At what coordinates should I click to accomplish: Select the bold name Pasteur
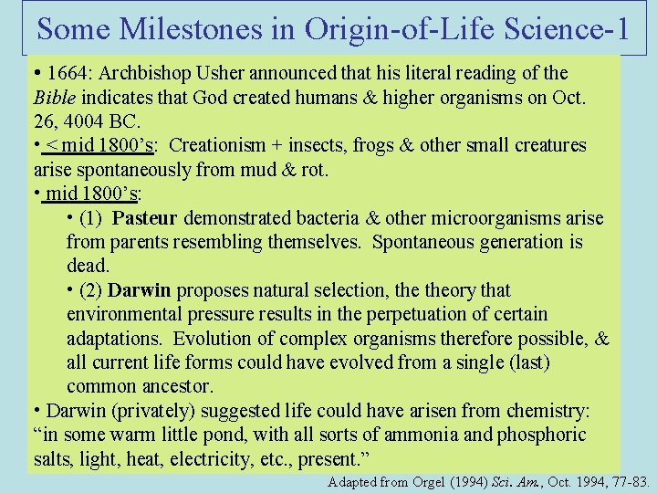click(x=149, y=218)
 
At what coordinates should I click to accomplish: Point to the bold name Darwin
click(x=139, y=290)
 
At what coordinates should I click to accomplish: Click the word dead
click(x=87, y=266)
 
